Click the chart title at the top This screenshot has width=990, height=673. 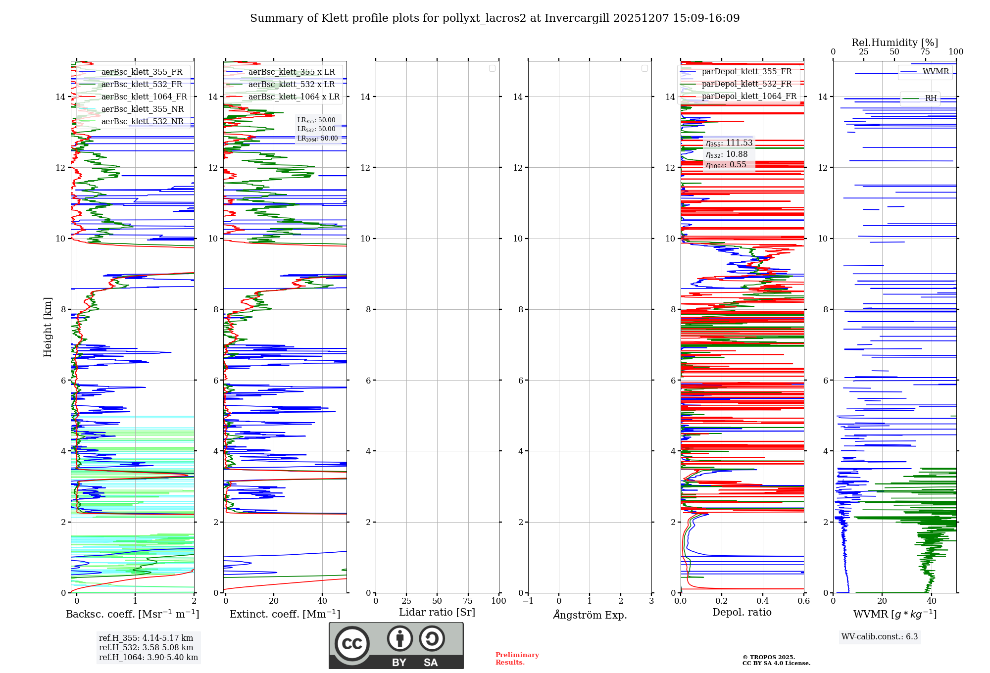(495, 18)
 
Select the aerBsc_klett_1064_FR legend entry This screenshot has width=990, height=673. (144, 97)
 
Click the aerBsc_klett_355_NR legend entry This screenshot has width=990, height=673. (142, 109)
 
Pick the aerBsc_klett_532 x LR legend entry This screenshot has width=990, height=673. (291, 85)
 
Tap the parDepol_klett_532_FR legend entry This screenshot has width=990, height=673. (746, 84)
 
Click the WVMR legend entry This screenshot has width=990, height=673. (936, 72)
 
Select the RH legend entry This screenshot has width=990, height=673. (931, 98)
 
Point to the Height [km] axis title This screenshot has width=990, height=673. (48, 327)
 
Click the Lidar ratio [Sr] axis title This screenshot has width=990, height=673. (437, 613)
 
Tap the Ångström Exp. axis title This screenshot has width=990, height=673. (590, 615)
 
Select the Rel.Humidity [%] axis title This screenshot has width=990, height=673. (894, 43)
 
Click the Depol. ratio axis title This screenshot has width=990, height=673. (742, 613)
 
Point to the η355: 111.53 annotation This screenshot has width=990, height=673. (729, 143)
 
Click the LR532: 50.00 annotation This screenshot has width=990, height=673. (316, 129)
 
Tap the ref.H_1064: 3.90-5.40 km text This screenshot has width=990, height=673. (148, 658)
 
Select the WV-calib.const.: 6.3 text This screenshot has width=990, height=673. (880, 637)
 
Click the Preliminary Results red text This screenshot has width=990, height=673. (517, 659)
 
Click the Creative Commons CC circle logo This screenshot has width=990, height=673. (352, 644)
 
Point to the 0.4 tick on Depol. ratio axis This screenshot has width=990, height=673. (763, 601)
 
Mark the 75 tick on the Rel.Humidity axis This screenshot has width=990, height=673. (925, 52)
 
